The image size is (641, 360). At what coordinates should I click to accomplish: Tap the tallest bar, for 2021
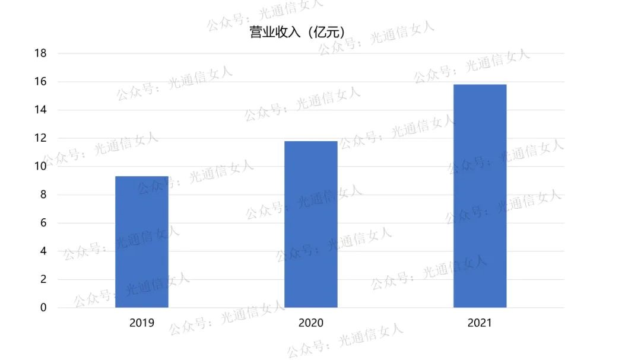(480, 196)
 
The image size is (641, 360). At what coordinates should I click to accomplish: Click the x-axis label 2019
(141, 323)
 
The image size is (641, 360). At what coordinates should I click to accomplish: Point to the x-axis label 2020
(310, 323)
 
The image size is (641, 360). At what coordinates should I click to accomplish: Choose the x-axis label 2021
(480, 323)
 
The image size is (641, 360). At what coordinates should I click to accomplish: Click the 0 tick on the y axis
(43, 308)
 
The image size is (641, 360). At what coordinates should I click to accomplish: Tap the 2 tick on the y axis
(43, 279)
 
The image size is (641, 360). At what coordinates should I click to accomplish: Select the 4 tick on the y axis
(43, 251)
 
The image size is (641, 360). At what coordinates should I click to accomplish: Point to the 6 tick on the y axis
(43, 223)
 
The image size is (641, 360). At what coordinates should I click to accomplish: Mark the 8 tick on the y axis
(43, 195)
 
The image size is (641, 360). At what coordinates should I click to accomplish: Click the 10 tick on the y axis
(40, 167)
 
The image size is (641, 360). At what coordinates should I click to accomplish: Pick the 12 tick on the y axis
(40, 138)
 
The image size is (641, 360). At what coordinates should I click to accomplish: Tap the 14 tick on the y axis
(40, 110)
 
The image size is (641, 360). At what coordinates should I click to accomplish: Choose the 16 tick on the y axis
(40, 82)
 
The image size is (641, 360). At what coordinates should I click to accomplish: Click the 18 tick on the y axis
(40, 53)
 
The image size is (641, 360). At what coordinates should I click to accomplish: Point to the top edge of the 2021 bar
(480, 85)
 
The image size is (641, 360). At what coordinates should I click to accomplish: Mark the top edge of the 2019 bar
(141, 177)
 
